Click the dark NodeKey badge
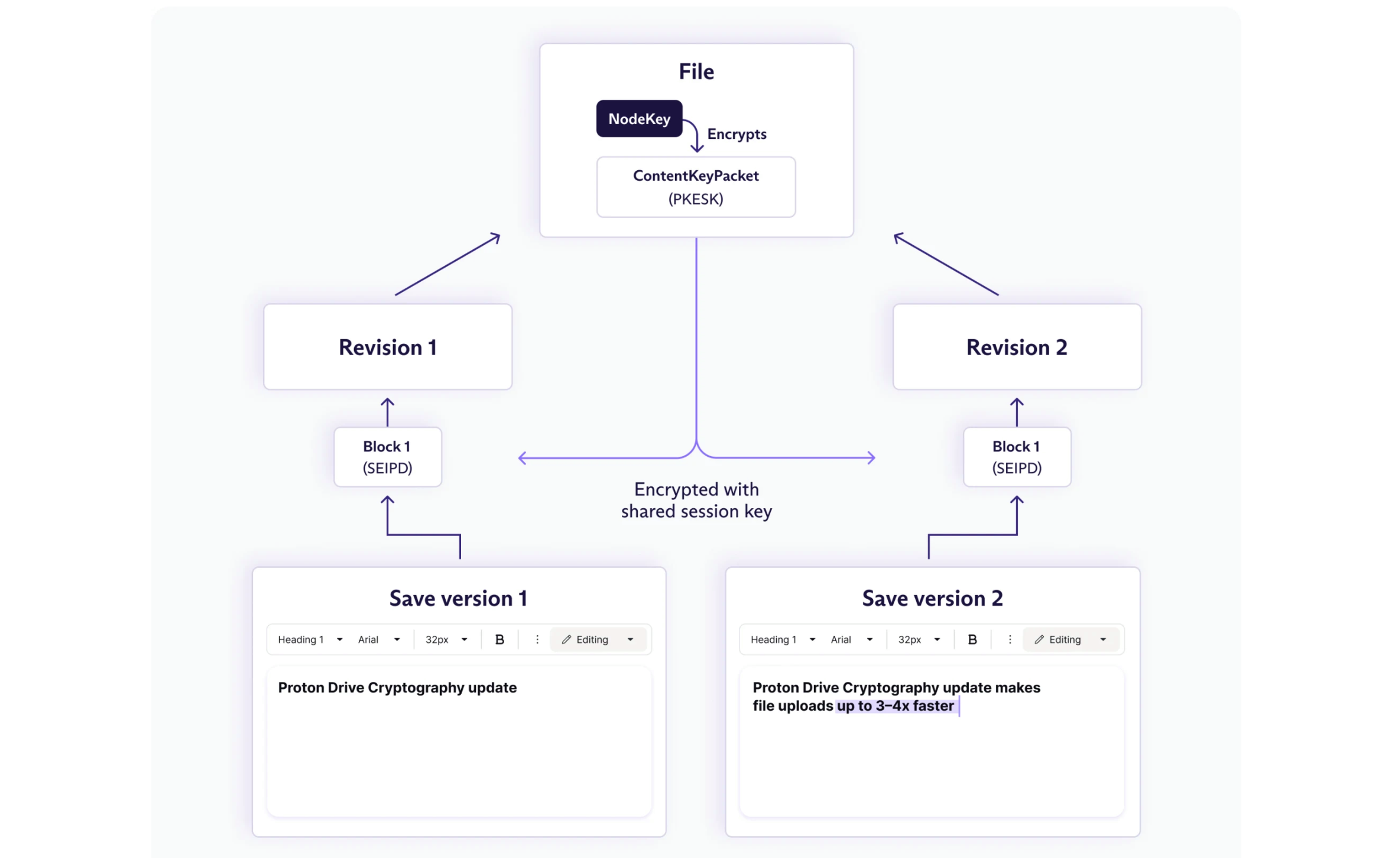tap(639, 119)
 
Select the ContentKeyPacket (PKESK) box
tap(696, 187)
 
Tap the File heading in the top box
tap(696, 71)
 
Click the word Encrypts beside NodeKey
tap(737, 134)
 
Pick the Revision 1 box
tap(388, 347)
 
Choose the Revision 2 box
tap(1017, 347)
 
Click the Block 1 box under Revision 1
tap(388, 457)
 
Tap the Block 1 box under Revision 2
tap(1017, 457)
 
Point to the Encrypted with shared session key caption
tap(696, 500)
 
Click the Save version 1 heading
tap(458, 599)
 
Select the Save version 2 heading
tap(932, 599)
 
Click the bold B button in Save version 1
tap(499, 639)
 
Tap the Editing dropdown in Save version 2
tap(1070, 639)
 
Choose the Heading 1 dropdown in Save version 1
tap(310, 639)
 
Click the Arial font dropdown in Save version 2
tap(852, 639)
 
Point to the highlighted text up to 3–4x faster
tap(895, 706)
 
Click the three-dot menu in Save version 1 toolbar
tap(537, 639)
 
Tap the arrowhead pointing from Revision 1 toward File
tap(495, 237)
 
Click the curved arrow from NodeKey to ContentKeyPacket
tap(694, 135)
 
